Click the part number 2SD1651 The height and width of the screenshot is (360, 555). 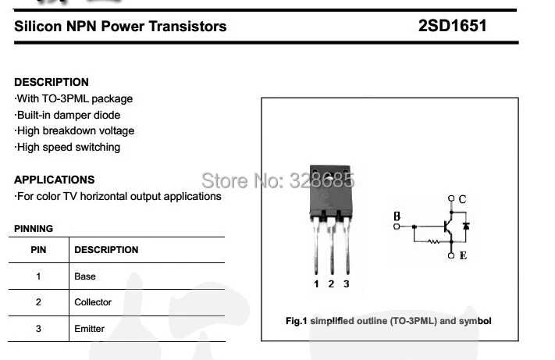tap(452, 26)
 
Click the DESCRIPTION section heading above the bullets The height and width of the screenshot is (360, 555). tap(52, 82)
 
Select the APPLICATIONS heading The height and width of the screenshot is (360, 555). tap(55, 180)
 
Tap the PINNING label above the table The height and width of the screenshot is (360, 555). tap(34, 229)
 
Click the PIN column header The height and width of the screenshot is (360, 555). tap(38, 250)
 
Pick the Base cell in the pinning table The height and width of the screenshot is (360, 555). tap(85, 276)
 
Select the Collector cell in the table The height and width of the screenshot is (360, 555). tap(93, 302)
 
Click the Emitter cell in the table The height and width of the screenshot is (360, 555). tap(89, 329)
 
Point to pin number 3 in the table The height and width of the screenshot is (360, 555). tap(38, 329)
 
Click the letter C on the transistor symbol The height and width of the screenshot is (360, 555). tap(462, 199)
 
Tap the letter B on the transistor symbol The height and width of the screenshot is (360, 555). tap(397, 216)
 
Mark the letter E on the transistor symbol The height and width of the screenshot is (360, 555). tap(463, 255)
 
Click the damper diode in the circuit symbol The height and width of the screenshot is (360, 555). tap(466, 227)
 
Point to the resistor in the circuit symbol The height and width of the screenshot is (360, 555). tap(433, 241)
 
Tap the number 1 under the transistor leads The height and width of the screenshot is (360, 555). tap(317, 283)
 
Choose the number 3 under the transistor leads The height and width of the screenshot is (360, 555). tap(346, 283)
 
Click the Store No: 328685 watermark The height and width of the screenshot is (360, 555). tap(278, 180)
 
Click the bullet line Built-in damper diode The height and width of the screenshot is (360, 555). tap(68, 115)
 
